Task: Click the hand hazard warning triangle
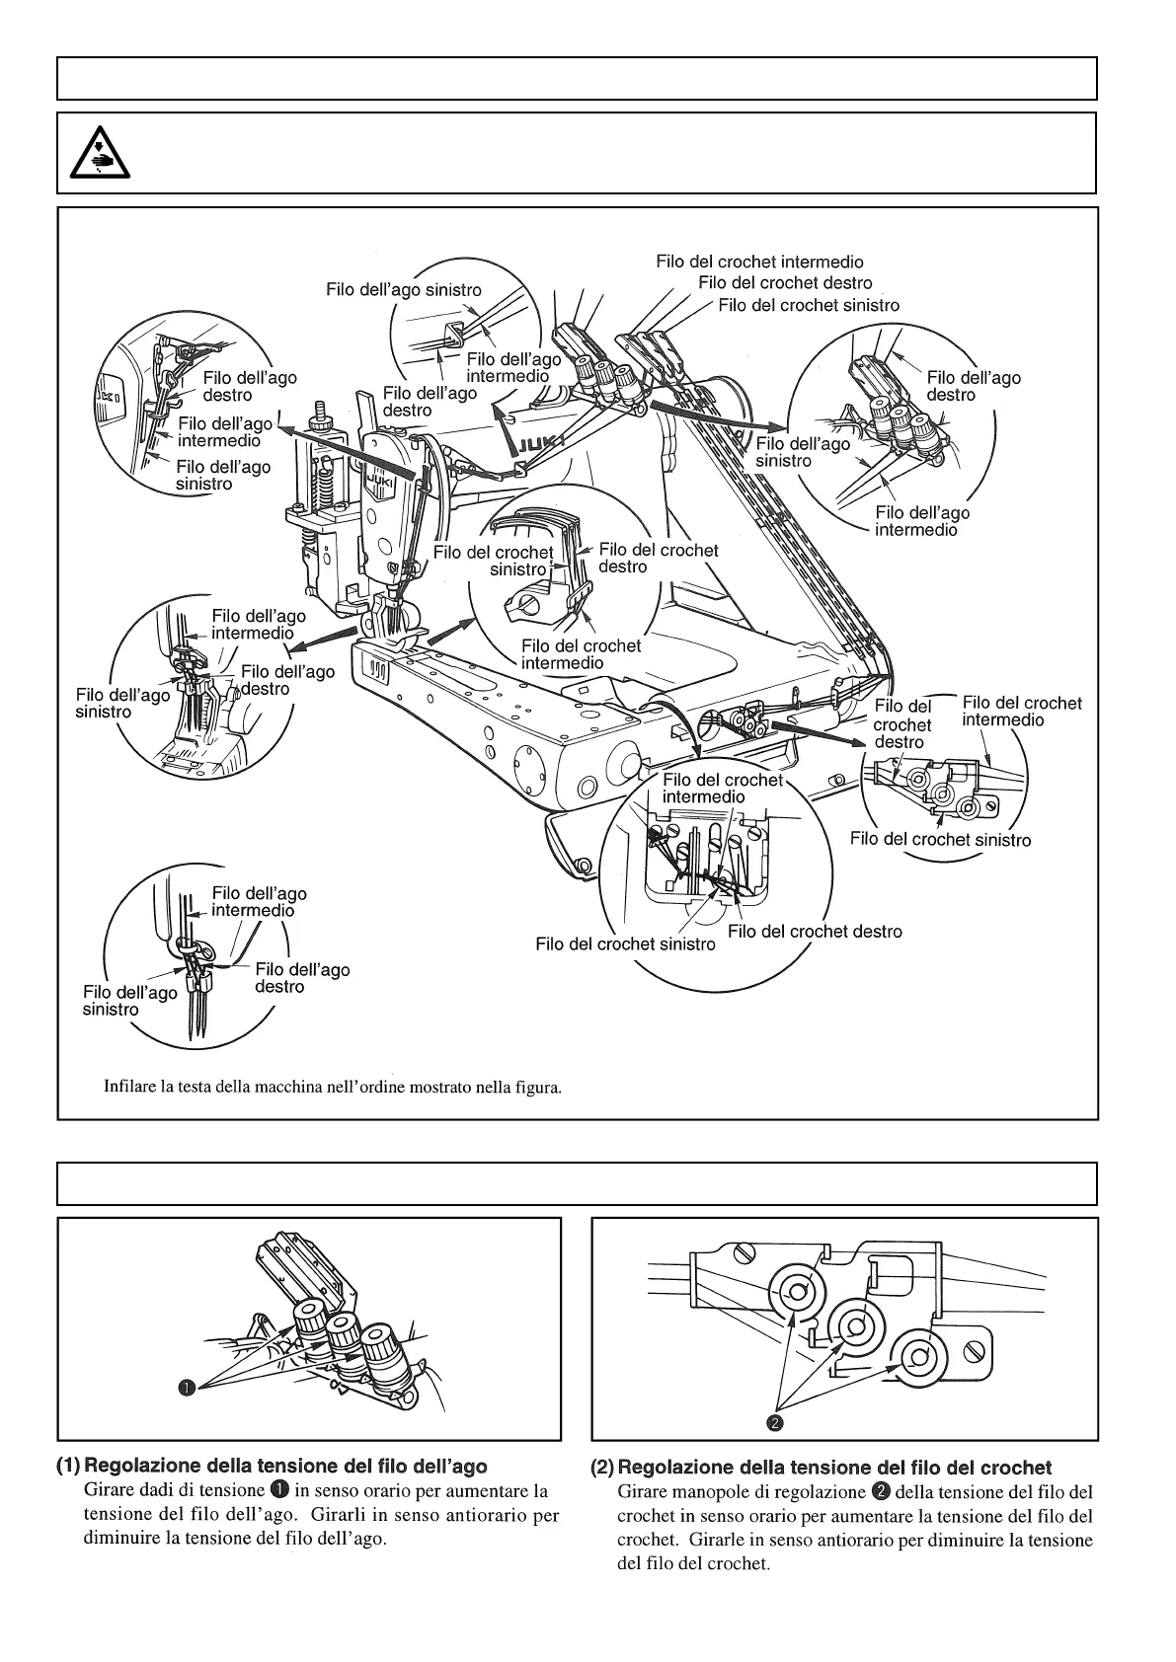(x=95, y=154)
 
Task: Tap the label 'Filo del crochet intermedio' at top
(x=759, y=262)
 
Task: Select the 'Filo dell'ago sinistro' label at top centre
(x=404, y=289)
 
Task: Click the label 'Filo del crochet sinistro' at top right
(x=809, y=305)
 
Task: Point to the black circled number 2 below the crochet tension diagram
(x=775, y=1422)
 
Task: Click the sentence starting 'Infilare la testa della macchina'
(x=333, y=1088)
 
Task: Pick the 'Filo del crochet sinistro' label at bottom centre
(x=625, y=944)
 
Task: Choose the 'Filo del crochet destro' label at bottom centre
(x=815, y=931)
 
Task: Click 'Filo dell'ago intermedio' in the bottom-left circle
(x=259, y=902)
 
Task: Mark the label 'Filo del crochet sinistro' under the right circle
(x=940, y=839)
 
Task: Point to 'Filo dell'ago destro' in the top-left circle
(x=249, y=386)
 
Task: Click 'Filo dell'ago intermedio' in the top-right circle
(x=922, y=521)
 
